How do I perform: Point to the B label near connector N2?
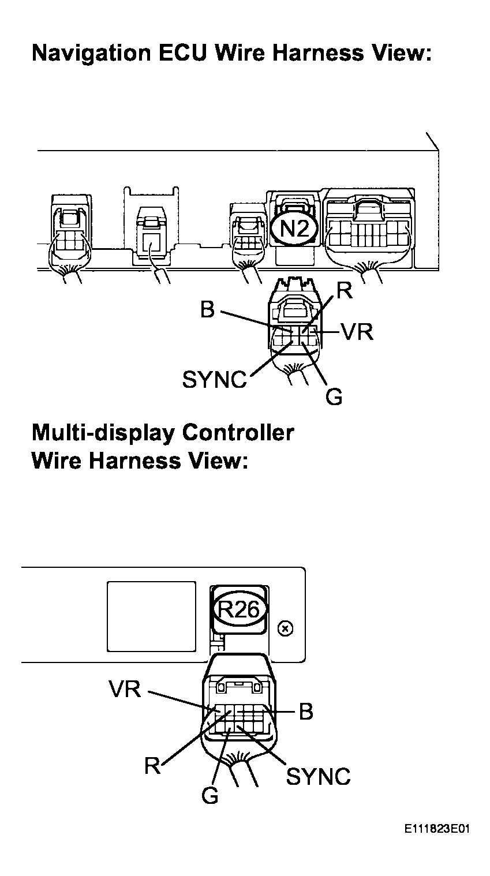(x=207, y=310)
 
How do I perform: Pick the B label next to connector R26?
(x=305, y=712)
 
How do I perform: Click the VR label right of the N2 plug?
(x=357, y=332)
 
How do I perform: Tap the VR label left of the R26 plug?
(x=124, y=688)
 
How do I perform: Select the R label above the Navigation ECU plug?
(x=345, y=290)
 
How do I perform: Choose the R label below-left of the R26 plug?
(x=152, y=766)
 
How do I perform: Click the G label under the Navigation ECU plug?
(x=334, y=396)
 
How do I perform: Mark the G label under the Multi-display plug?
(x=210, y=796)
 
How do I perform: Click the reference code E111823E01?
(x=437, y=829)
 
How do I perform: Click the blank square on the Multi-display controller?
(x=151, y=616)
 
